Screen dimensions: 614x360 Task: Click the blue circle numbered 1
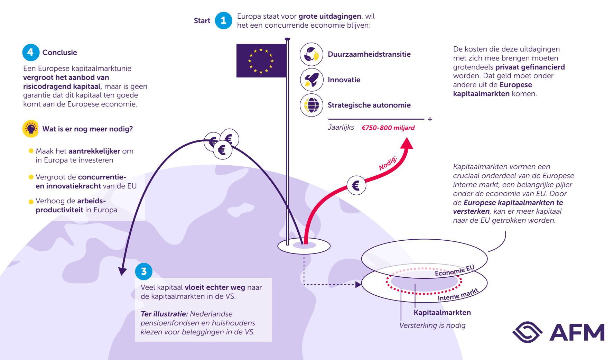point(223,20)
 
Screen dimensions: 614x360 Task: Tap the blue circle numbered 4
point(31,52)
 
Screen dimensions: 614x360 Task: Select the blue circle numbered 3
point(144,271)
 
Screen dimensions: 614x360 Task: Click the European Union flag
point(261,61)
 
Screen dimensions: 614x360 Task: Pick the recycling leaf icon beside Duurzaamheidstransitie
point(311,54)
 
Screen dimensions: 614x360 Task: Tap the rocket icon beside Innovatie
point(311,80)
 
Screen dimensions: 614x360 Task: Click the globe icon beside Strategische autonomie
point(311,105)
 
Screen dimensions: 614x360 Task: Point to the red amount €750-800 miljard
point(388,128)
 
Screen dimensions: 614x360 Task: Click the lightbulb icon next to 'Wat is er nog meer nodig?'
point(31,129)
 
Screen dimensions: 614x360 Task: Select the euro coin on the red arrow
point(356,185)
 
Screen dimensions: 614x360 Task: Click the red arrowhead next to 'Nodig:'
point(407,143)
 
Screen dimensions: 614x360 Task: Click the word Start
point(202,21)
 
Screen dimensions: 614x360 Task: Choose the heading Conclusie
point(59,53)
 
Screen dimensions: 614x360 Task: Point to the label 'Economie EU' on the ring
point(454,271)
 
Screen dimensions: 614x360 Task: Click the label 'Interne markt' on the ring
point(458,295)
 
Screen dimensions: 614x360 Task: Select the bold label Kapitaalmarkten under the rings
point(442,313)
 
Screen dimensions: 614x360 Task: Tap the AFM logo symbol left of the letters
point(527,332)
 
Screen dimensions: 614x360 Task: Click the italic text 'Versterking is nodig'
point(432,325)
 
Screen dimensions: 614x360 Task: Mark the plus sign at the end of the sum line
point(430,119)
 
